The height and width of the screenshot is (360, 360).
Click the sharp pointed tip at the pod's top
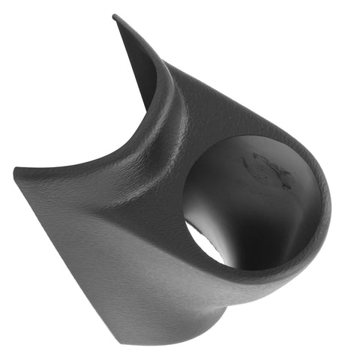click(x=115, y=16)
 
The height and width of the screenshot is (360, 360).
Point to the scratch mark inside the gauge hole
click(x=262, y=168)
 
